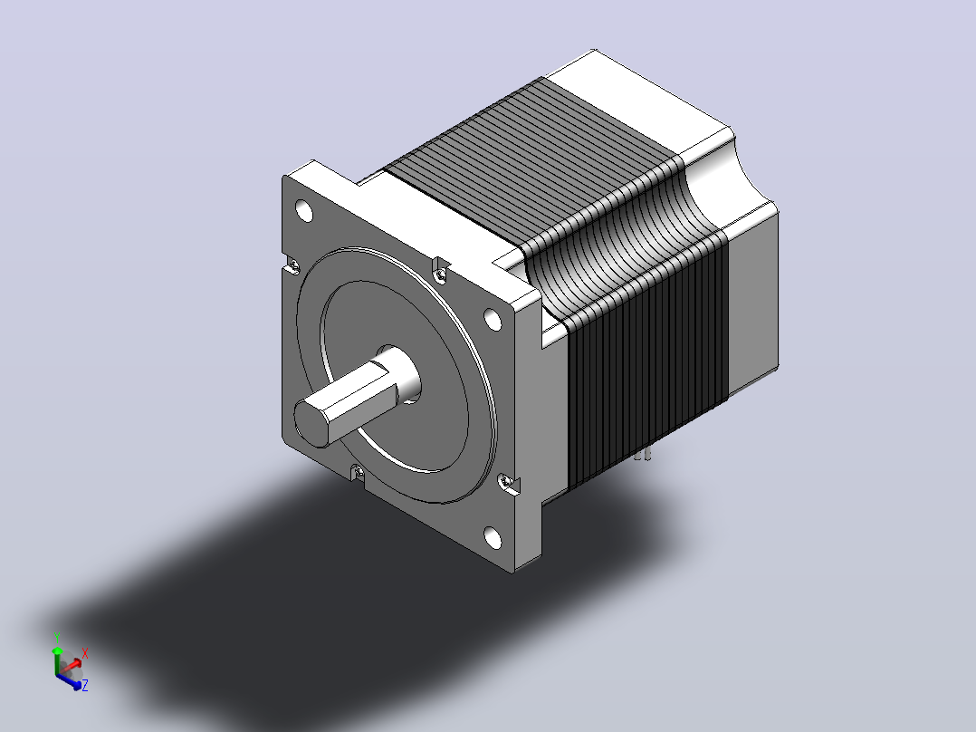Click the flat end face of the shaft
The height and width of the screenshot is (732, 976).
point(312,422)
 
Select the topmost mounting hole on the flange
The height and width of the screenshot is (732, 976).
point(304,211)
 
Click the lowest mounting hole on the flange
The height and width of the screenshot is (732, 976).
point(493,537)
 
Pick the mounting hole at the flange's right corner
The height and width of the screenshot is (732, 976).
point(493,320)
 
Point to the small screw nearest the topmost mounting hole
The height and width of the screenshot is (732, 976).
point(293,266)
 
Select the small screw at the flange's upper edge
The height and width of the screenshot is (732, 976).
point(441,273)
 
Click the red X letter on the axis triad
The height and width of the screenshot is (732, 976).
point(85,653)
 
